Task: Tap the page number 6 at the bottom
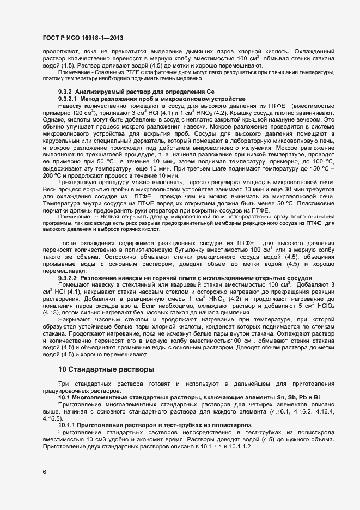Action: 44,472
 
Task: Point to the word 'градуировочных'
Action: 67,391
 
